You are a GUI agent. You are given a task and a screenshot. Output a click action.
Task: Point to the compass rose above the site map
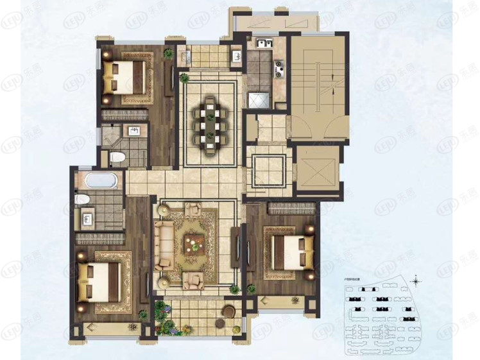[416, 280]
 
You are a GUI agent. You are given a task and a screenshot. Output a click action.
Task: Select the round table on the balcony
[228, 312]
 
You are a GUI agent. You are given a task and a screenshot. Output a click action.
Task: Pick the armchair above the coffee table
[193, 210]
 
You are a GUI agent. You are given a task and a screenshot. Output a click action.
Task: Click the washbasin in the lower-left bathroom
[87, 218]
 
